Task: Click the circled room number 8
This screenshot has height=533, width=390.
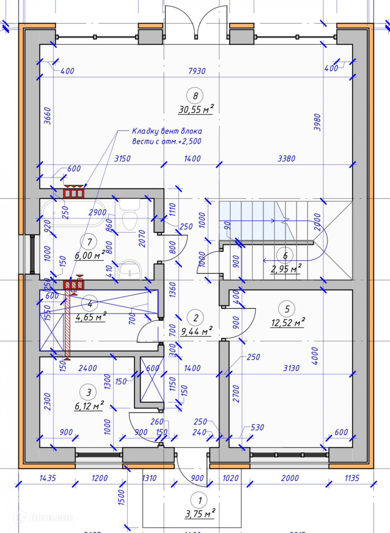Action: coord(195,96)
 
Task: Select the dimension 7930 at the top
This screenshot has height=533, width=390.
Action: coord(197,71)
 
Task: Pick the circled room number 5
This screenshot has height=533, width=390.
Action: coord(287,309)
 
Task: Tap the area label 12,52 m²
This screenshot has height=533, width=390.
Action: coord(288,322)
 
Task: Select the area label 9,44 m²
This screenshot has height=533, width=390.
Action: coord(196,331)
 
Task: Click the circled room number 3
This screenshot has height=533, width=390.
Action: coord(89,392)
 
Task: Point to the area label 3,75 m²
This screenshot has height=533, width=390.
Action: coord(200,514)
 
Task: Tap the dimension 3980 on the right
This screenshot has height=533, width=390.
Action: coord(317,122)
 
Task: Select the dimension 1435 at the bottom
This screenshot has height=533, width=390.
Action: coord(48,478)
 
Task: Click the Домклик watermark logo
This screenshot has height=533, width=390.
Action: coord(43,517)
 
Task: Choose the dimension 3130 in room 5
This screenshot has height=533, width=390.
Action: coord(291,368)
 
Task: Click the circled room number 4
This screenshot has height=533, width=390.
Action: coord(90,304)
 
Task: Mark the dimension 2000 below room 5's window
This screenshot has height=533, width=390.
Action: coord(290,478)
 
